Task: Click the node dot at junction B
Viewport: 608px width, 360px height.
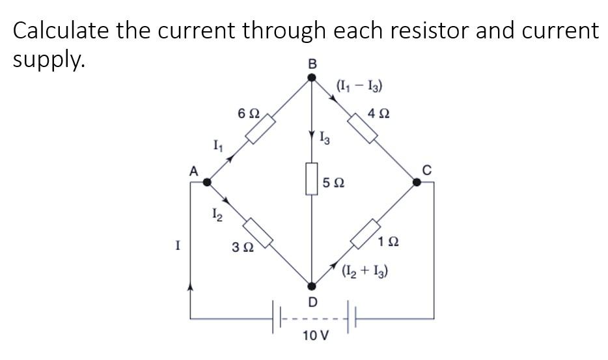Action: (312, 77)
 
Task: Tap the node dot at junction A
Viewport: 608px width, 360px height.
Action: (207, 182)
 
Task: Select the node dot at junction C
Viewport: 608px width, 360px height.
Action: (417, 182)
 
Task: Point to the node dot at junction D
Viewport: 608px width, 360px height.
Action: (312, 286)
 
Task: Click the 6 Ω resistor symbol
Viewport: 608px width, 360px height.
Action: (259, 130)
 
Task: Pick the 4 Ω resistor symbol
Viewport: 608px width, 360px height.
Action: (364, 128)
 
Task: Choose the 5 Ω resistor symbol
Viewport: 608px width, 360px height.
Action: (312, 180)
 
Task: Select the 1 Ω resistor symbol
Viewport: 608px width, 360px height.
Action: (365, 234)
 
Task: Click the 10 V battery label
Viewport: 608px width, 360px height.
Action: (316, 336)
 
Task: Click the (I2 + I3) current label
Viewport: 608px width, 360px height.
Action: (365, 271)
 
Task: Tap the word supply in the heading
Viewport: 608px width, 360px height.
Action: (48, 60)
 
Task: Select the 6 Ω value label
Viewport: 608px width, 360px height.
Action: (249, 113)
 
